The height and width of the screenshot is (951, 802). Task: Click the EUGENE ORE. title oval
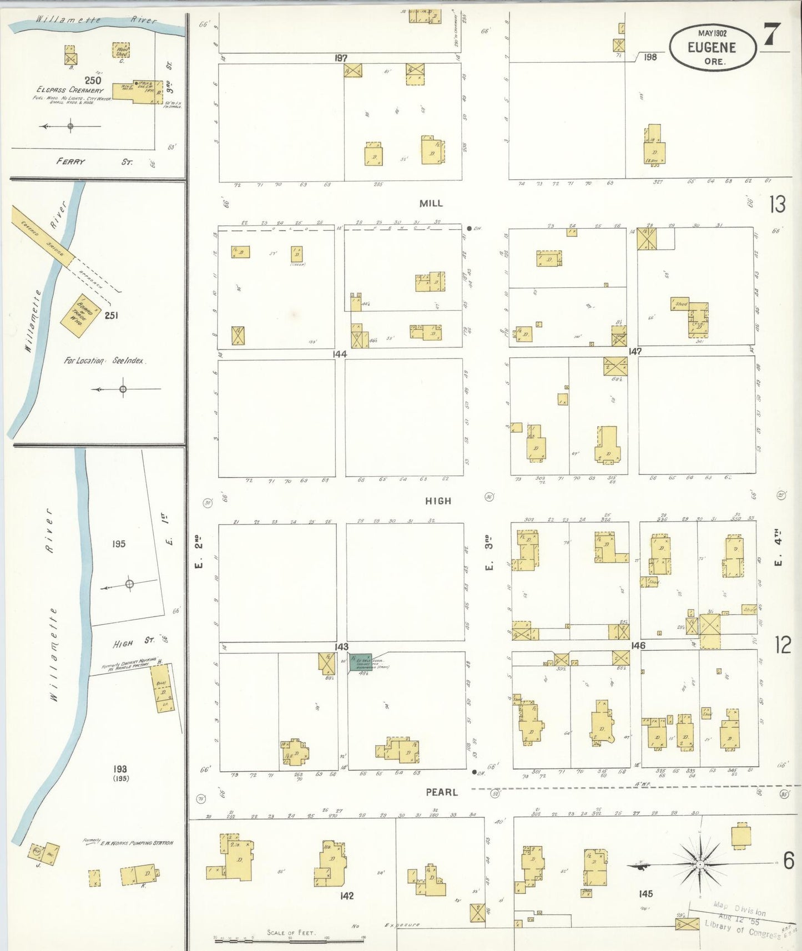(x=712, y=48)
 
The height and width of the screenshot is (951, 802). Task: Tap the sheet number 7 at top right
(x=772, y=35)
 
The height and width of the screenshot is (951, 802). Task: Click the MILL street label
(x=431, y=204)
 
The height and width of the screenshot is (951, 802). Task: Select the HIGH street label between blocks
(x=438, y=501)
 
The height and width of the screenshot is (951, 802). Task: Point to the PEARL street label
(x=442, y=792)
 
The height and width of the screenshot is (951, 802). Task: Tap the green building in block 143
(x=360, y=662)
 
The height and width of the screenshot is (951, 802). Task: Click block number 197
(x=341, y=58)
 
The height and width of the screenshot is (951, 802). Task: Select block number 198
(x=650, y=57)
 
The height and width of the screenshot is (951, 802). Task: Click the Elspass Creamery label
(x=70, y=90)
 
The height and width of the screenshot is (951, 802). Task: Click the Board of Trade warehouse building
(x=80, y=315)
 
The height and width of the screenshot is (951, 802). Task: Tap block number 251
(x=111, y=316)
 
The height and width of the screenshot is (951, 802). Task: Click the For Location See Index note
(x=104, y=361)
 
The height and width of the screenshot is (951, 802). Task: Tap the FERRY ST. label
(x=94, y=162)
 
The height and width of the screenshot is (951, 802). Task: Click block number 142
(x=346, y=896)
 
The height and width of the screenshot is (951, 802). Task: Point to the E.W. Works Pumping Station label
(x=136, y=843)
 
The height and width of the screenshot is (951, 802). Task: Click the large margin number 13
(x=777, y=205)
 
